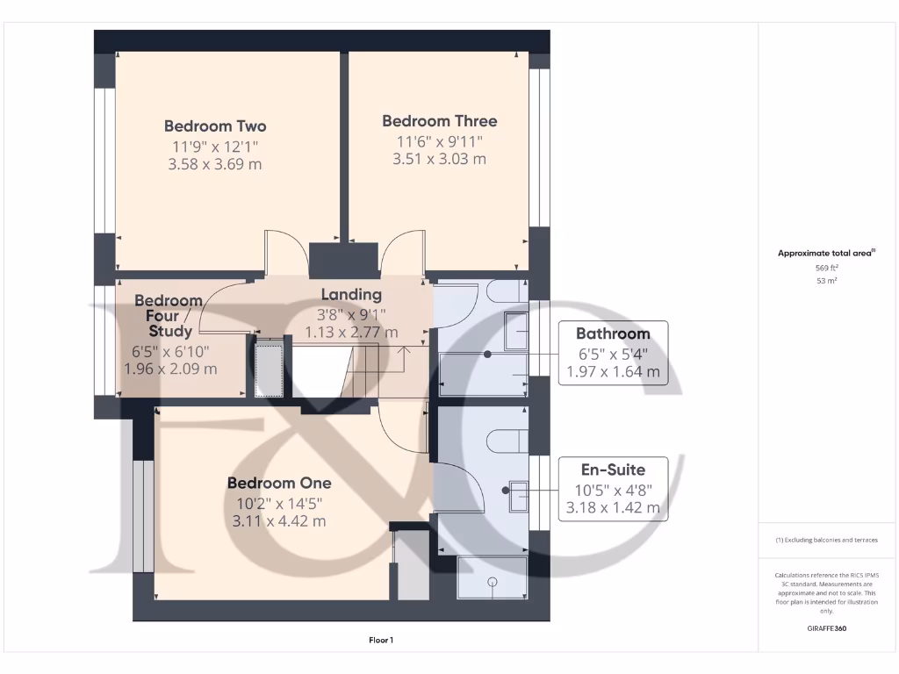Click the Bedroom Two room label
tap(215, 126)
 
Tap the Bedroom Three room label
tap(439, 121)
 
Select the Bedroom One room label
tap(279, 483)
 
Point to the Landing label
tap(351, 295)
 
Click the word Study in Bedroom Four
tap(170, 331)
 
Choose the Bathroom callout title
tap(613, 333)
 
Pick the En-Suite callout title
tap(613, 470)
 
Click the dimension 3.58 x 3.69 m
tap(215, 164)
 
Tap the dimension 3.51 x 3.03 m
tap(439, 159)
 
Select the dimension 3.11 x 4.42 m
tap(279, 520)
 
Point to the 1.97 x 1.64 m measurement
tap(613, 371)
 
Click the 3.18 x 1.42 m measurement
tap(613, 507)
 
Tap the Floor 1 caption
tap(380, 641)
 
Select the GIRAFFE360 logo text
tap(828, 628)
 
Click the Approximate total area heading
tap(825, 254)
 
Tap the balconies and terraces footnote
tap(827, 540)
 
